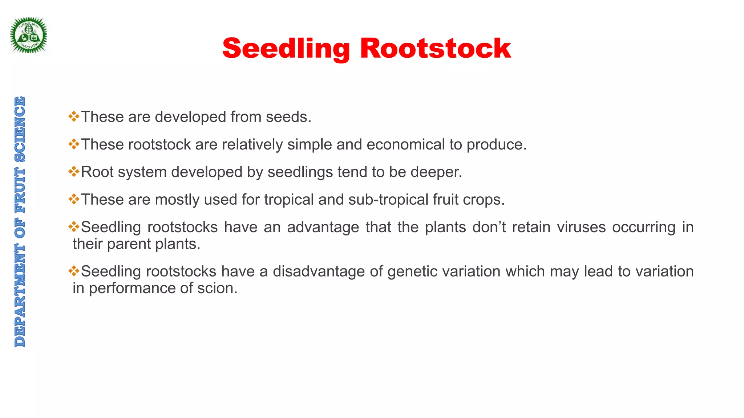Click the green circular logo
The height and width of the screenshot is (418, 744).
(28, 35)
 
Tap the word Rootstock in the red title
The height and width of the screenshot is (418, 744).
(435, 48)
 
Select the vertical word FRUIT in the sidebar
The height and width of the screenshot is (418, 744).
(20, 190)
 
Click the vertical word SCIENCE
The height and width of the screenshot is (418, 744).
(20, 129)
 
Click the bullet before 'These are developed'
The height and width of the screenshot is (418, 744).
(74, 116)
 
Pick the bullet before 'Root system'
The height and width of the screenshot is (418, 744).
(74, 172)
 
